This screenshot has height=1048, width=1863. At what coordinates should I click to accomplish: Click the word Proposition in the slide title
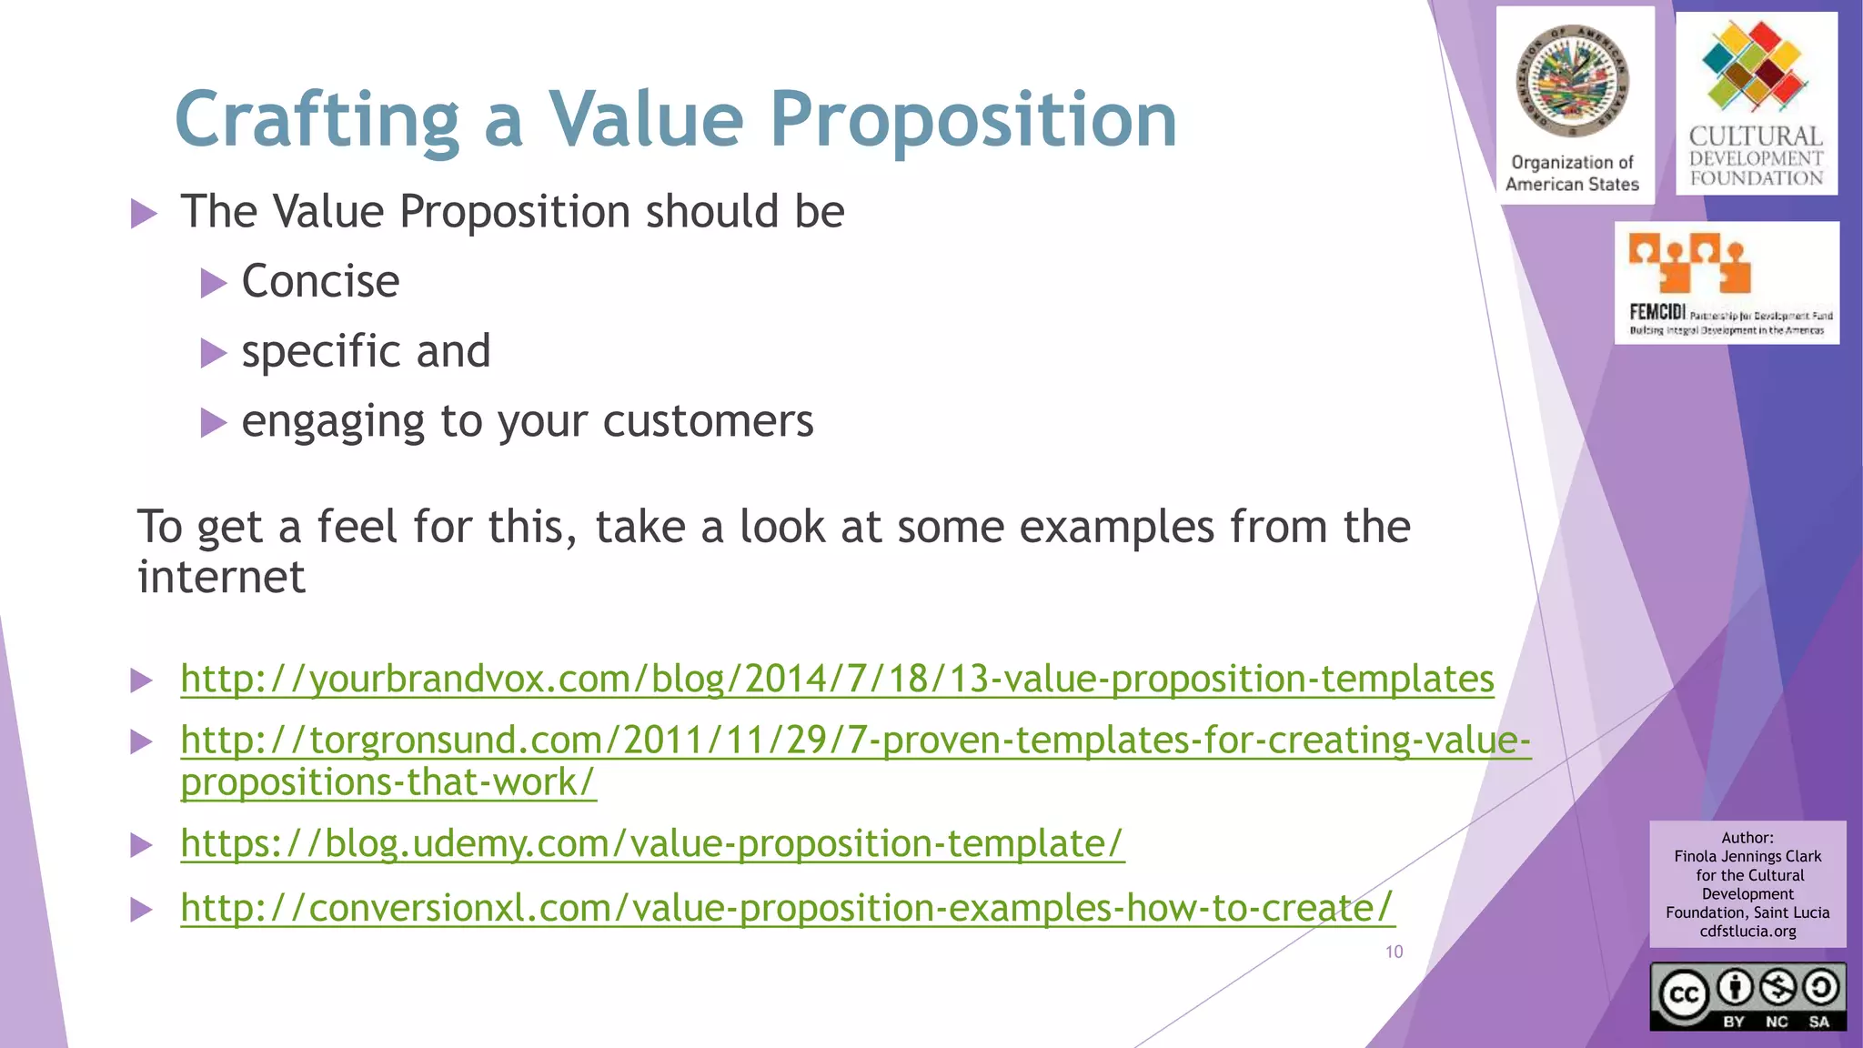pos(973,120)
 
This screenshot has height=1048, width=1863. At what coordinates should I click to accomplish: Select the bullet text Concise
pos(320,281)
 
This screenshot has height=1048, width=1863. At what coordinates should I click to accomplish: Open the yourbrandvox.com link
pos(837,679)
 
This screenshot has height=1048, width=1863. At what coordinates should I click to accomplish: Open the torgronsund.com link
pos(855,741)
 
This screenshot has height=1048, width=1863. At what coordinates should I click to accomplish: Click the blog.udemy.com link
pos(652,843)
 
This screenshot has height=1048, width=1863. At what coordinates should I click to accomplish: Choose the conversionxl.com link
pos(787,907)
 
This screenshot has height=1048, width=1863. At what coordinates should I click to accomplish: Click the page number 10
pos(1394,952)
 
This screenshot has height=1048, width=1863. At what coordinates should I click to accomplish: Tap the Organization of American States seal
pos(1572,82)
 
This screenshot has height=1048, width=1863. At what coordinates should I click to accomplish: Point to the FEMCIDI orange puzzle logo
pos(1690,262)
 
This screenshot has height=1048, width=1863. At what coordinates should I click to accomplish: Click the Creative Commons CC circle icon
pos(1683,994)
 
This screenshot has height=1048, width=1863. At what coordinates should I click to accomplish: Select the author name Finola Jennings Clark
pos(1747,856)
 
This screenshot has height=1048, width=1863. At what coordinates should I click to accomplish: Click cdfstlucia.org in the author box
pos(1747,931)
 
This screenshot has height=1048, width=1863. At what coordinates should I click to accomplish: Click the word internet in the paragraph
pos(221,577)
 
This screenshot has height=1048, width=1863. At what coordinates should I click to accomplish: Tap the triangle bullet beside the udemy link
pos(141,845)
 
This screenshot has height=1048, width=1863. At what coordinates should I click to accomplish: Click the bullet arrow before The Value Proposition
pos(144,214)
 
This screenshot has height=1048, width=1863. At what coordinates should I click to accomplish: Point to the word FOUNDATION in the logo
pos(1757,178)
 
